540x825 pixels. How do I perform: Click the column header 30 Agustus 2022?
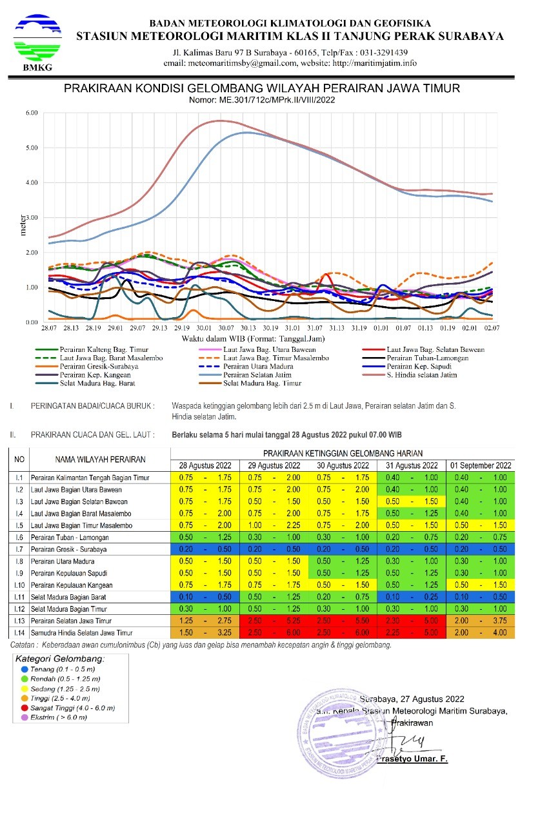(x=343, y=465)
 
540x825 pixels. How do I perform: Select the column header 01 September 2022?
(x=481, y=465)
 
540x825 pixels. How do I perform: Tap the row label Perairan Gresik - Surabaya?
(x=70, y=549)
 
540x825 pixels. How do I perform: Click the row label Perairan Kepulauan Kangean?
(x=75, y=585)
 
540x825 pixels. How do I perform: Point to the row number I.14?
(x=20, y=634)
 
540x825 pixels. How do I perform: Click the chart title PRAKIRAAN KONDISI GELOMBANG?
(x=262, y=88)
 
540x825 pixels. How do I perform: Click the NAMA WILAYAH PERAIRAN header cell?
(x=97, y=460)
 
